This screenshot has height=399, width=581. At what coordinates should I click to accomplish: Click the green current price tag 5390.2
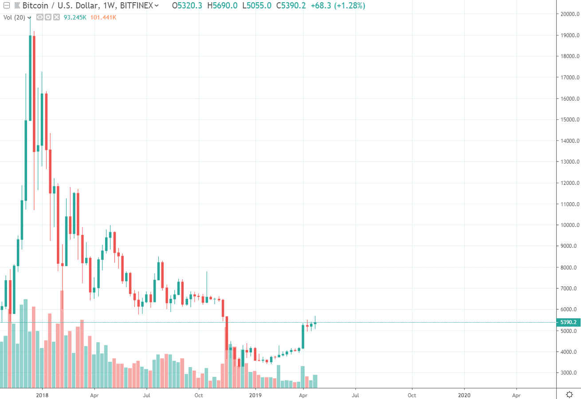(x=568, y=322)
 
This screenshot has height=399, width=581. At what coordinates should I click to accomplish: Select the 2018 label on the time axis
(x=42, y=394)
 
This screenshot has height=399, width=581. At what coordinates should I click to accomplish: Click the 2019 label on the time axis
(x=256, y=394)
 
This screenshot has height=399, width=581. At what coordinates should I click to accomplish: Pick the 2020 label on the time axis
(x=464, y=394)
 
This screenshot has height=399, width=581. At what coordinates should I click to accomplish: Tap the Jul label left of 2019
(x=146, y=394)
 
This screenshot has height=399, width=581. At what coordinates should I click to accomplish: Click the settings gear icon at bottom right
(x=569, y=394)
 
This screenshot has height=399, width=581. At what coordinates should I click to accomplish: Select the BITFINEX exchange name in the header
(x=136, y=6)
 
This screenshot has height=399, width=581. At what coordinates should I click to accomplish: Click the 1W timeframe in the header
(x=109, y=6)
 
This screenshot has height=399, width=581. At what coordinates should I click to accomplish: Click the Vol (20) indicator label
(x=15, y=17)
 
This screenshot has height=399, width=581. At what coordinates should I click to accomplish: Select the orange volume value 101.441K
(x=103, y=17)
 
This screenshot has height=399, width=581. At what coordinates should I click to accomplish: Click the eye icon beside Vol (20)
(x=39, y=17)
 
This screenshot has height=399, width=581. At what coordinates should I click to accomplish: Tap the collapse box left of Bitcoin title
(x=6, y=6)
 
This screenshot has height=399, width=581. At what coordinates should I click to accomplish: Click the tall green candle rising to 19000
(x=30, y=78)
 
